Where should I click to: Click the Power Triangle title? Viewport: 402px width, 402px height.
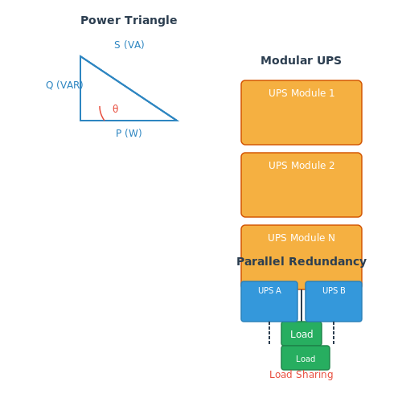pyautogui.click(x=129, y=20)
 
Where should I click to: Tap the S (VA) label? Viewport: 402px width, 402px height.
pyautogui.click(x=129, y=45)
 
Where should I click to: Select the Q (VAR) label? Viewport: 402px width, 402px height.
pyautogui.click(x=64, y=85)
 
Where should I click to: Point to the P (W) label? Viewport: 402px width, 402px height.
pyautogui.click(x=129, y=133)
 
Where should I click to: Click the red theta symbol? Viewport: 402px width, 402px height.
pyautogui.click(x=115, y=109)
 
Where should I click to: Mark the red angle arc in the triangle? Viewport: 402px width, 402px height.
pyautogui.click(x=101, y=114)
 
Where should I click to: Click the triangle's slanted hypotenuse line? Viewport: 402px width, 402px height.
pyautogui.click(x=129, y=88)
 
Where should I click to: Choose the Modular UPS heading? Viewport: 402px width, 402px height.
pyautogui.click(x=301, y=60)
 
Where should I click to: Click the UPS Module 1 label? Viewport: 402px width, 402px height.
pyautogui.click(x=301, y=93)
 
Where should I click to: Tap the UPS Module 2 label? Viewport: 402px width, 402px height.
pyautogui.click(x=301, y=166)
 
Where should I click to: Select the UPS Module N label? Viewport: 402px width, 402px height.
pyautogui.click(x=301, y=238)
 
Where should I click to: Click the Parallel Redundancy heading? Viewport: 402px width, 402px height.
pyautogui.click(x=301, y=261)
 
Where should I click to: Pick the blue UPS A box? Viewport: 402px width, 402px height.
pyautogui.click(x=269, y=301)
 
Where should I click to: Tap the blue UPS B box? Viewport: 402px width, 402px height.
pyautogui.click(x=334, y=301)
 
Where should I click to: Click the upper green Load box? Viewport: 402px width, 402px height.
pyautogui.click(x=301, y=334)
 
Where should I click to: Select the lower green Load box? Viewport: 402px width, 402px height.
pyautogui.click(x=306, y=358)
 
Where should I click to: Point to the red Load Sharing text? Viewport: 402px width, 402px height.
pyautogui.click(x=301, y=375)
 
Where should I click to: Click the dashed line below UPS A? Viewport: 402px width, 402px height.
pyautogui.click(x=269, y=333)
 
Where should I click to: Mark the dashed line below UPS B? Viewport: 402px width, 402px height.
pyautogui.click(x=334, y=333)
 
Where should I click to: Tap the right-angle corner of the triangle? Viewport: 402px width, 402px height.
pyautogui.click(x=80, y=121)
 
